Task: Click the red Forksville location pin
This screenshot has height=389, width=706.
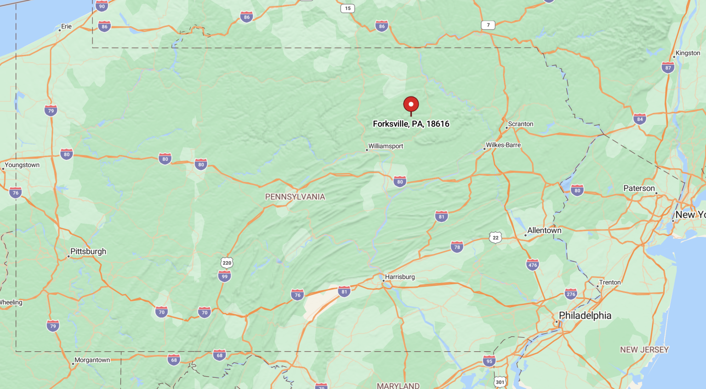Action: (411, 104)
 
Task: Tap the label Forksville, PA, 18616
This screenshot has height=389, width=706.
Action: (411, 124)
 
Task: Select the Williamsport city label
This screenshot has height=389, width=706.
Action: (386, 146)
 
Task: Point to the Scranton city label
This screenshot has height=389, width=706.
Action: (520, 124)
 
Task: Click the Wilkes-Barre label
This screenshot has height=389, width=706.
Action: (503, 145)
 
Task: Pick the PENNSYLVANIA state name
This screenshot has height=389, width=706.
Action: (295, 197)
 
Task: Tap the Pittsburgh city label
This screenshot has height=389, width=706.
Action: (88, 251)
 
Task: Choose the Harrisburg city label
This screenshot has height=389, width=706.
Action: (400, 277)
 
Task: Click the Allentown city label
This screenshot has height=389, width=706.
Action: (544, 231)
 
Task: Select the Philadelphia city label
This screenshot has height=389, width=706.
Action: (585, 316)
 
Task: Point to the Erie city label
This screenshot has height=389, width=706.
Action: (67, 26)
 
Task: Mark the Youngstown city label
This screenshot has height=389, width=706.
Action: (22, 165)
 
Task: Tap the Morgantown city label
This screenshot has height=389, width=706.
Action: (92, 360)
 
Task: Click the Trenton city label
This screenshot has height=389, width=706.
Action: (610, 282)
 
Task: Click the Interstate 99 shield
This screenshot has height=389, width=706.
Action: (224, 276)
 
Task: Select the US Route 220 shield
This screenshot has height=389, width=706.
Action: (227, 263)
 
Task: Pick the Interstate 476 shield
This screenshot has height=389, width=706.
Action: (532, 265)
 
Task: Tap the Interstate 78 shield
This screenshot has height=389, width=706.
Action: (457, 247)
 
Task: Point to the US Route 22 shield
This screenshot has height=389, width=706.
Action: (495, 237)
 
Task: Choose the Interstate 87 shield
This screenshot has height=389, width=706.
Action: (668, 68)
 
